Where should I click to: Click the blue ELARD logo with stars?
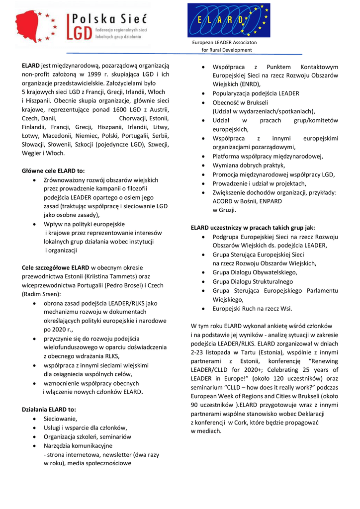coord(229,20)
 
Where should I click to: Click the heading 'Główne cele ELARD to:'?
coord(53,170)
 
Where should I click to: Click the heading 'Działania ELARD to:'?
coord(49,409)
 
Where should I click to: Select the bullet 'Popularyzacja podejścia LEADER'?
coord(256,93)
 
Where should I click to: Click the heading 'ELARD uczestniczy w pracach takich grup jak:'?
coord(253,228)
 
